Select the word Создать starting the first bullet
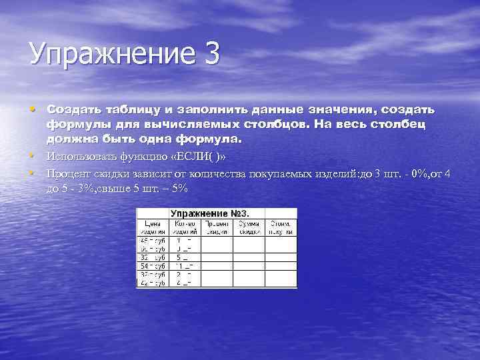click(73, 109)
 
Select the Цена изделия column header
click(153, 227)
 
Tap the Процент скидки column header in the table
click(217, 227)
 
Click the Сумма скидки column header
click(249, 227)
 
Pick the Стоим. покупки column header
click(281, 227)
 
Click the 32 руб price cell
click(153, 257)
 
